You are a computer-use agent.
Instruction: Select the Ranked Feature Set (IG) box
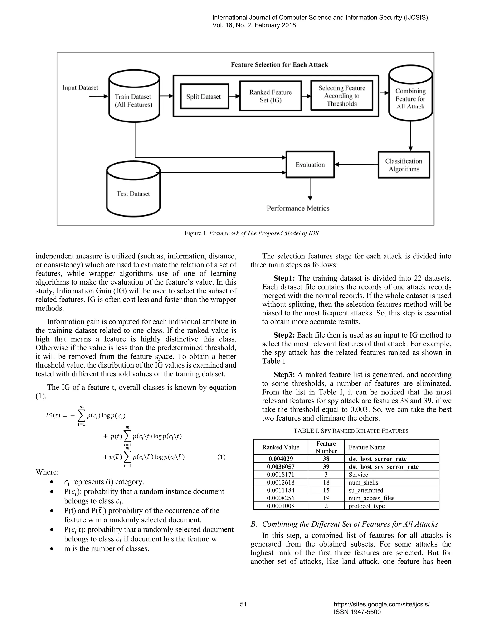(270, 96)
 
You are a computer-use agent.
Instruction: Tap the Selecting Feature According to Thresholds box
(342, 96)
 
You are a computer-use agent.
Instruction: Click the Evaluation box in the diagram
(310, 165)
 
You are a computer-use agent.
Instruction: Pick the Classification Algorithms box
(404, 165)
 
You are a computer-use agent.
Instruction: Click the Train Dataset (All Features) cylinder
(134, 98)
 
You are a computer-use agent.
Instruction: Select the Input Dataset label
(80, 88)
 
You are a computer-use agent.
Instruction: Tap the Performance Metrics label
(298, 208)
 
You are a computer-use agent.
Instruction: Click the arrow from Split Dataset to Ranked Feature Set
(234, 96)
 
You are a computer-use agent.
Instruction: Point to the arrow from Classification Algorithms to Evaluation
(356, 165)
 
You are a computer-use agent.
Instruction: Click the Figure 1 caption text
(252, 233)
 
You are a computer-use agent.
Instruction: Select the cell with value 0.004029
(281, 459)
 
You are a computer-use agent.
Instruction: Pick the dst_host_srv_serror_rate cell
(381, 466)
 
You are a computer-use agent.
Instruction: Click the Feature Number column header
(326, 447)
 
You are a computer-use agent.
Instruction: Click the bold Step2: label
(284, 335)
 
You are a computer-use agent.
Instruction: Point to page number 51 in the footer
(243, 604)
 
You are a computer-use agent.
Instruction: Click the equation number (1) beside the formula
(221, 457)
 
